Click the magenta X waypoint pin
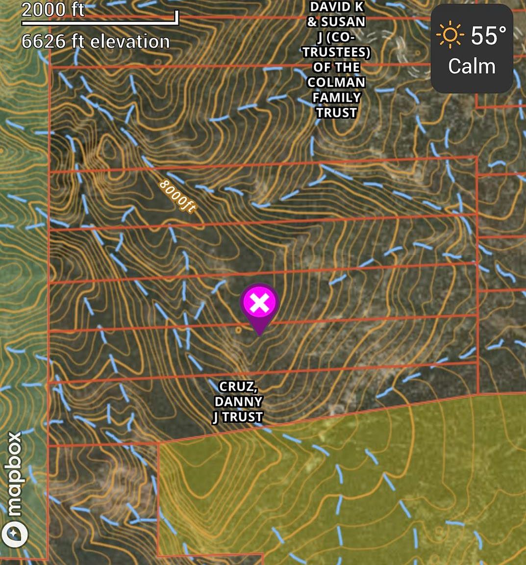tap(259, 304)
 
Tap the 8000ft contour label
tap(177, 196)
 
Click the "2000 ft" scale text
tap(53, 10)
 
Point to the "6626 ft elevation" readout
tap(96, 42)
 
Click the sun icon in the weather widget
tap(450, 36)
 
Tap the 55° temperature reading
tap(489, 36)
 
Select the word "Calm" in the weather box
tap(472, 66)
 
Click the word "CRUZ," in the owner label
tap(238, 386)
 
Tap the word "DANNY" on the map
tap(238, 402)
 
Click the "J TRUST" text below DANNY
tap(238, 417)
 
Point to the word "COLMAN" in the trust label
tap(336, 82)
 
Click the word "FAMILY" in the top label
tap(336, 98)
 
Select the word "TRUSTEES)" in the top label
tap(336, 52)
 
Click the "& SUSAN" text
tap(336, 22)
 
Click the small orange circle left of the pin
tap(239, 330)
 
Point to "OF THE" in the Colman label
tap(336, 67)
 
